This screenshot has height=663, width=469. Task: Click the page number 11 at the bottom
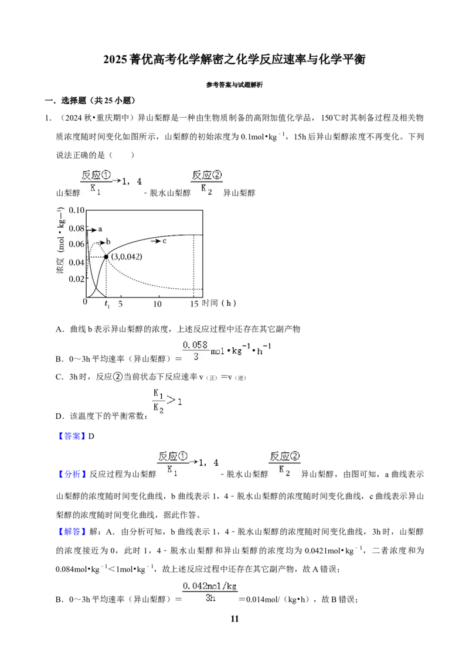pyautogui.click(x=235, y=618)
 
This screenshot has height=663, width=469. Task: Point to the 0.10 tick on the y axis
pyautogui.click(x=77, y=210)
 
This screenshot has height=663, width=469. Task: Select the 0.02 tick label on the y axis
pyautogui.click(x=77, y=279)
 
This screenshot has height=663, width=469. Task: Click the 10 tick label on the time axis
pyautogui.click(x=158, y=304)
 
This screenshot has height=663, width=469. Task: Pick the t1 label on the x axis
pyautogui.click(x=107, y=304)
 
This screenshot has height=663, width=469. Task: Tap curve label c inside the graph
pyautogui.click(x=164, y=241)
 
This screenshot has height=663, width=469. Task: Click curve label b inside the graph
pyautogui.click(x=108, y=241)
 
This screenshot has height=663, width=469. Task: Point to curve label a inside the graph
pyautogui.click(x=100, y=229)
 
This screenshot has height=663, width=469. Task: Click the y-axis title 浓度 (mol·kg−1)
pyautogui.click(x=60, y=240)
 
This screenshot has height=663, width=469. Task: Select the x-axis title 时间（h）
pyautogui.click(x=219, y=303)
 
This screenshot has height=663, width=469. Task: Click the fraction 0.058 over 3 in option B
pyautogui.click(x=195, y=351)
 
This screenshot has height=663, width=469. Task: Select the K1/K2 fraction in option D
pyautogui.click(x=158, y=401)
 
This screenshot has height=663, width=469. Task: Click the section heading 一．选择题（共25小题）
pyautogui.click(x=90, y=100)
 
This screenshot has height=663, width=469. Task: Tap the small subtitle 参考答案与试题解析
pyautogui.click(x=235, y=84)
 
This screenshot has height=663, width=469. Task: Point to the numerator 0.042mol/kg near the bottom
pyautogui.click(x=209, y=586)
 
